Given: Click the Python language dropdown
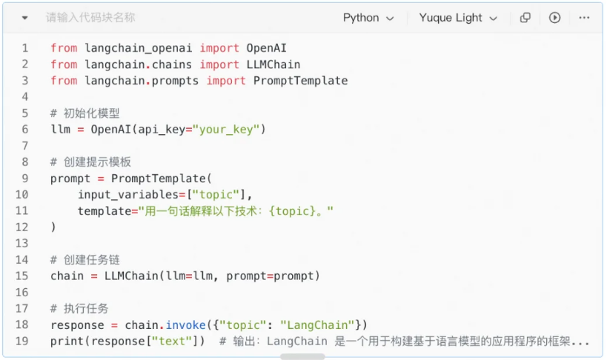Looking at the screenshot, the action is pyautogui.click(x=368, y=18).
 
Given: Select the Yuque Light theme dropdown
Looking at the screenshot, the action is pyautogui.click(x=458, y=18).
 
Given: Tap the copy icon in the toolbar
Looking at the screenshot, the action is pyautogui.click(x=525, y=18).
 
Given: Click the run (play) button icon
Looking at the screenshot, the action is pyautogui.click(x=554, y=18).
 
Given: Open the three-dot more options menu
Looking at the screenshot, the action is pyautogui.click(x=584, y=18).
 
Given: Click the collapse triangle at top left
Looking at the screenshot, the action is pyautogui.click(x=25, y=18).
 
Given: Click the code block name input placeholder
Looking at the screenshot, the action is pyautogui.click(x=90, y=18).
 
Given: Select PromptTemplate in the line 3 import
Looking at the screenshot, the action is pyautogui.click(x=300, y=81).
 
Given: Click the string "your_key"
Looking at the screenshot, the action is pyautogui.click(x=227, y=130).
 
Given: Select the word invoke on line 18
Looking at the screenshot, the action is pyautogui.click(x=185, y=325).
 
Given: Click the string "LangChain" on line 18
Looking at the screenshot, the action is pyautogui.click(x=316, y=325).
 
